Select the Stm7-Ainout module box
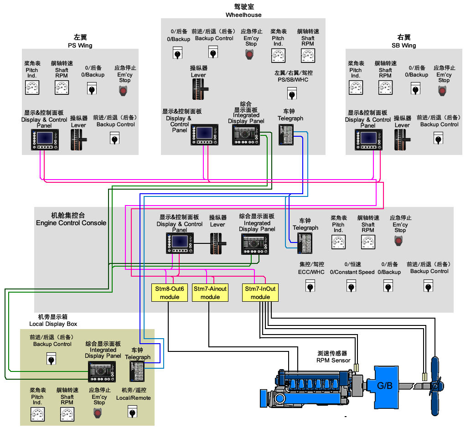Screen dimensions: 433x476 point(210,293)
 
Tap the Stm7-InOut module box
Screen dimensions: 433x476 point(260,293)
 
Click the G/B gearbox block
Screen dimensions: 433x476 point(384,385)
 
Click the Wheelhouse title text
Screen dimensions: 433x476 point(243,15)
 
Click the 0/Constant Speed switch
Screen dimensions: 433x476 point(352,287)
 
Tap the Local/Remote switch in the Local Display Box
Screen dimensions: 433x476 point(133,412)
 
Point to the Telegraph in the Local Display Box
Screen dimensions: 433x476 point(137,371)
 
